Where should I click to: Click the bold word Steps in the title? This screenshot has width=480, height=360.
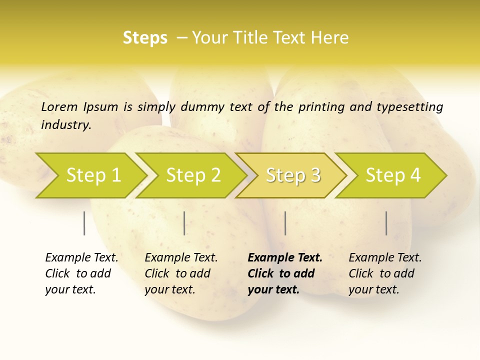(145, 38)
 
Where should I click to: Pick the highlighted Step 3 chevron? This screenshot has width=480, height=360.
(293, 175)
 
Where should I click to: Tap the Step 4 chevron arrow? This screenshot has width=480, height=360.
(393, 175)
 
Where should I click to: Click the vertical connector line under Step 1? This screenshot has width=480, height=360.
(84, 223)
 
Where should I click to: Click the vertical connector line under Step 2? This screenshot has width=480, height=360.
(184, 223)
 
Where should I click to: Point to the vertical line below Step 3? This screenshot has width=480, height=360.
(285, 223)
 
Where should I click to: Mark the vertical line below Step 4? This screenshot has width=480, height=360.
(386, 223)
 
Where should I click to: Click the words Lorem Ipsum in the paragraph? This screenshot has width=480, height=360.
(79, 107)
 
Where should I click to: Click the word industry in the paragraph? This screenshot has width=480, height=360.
(65, 125)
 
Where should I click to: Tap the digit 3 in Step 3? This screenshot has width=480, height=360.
(315, 175)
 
